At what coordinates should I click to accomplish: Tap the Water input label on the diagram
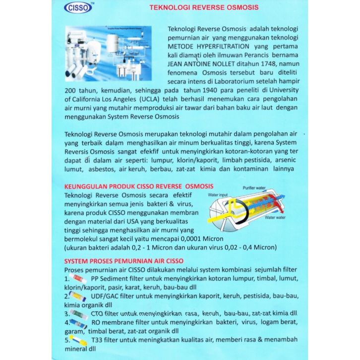218,195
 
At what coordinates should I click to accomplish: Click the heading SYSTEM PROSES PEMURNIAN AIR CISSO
124,261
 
